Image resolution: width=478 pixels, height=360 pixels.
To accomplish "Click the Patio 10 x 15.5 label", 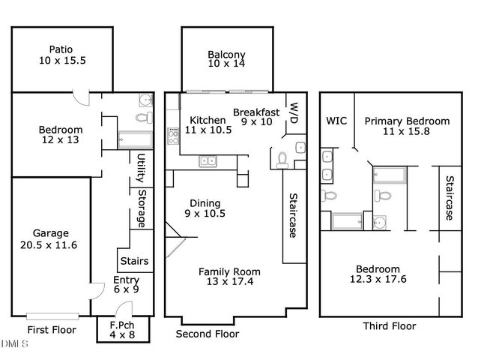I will pyautogui.click(x=63, y=54).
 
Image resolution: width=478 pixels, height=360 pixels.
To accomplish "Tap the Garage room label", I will pyautogui.click(x=50, y=238).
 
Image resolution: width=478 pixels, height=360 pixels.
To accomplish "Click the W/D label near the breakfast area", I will pyautogui.click(x=294, y=112).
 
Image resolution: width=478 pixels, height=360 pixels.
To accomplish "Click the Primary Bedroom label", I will pyautogui.click(x=407, y=127).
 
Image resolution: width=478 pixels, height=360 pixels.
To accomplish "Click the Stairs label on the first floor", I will pyautogui.click(x=134, y=261).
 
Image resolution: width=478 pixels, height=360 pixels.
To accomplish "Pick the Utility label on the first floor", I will pyautogui.click(x=141, y=168).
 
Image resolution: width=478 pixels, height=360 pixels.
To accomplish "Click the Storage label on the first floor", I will pyautogui.click(x=141, y=207).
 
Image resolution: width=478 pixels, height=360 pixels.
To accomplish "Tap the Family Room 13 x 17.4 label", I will pyautogui.click(x=229, y=276).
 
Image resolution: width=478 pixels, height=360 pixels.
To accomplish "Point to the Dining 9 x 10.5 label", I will pyautogui.click(x=205, y=208).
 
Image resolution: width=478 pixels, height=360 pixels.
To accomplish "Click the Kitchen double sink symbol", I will pyautogui.click(x=208, y=160).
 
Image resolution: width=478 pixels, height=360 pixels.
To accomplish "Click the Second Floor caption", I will pyautogui.click(x=207, y=334).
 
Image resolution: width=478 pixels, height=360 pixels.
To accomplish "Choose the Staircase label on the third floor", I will pyautogui.click(x=450, y=199).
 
